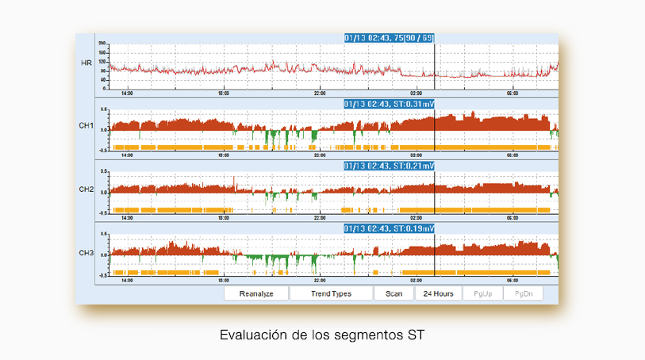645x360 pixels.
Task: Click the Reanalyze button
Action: click(255, 293)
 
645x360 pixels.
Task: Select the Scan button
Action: click(394, 293)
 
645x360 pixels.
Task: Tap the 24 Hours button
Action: click(439, 293)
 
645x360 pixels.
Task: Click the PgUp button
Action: click(482, 293)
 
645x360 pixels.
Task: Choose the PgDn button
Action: click(524, 293)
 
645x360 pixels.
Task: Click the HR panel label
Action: click(86, 62)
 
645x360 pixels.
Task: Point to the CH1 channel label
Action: click(86, 126)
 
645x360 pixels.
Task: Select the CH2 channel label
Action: click(86, 190)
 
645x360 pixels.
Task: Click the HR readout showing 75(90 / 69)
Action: click(389, 37)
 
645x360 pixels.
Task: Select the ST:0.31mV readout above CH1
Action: click(389, 103)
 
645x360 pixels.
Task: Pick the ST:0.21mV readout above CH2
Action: click(389, 166)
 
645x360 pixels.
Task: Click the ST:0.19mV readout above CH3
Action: click(389, 228)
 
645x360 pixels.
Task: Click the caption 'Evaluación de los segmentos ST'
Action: click(322, 335)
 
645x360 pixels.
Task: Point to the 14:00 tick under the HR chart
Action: click(127, 93)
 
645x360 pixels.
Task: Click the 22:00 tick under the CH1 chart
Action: click(320, 155)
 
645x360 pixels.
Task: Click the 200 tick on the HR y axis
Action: click(102, 43)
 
